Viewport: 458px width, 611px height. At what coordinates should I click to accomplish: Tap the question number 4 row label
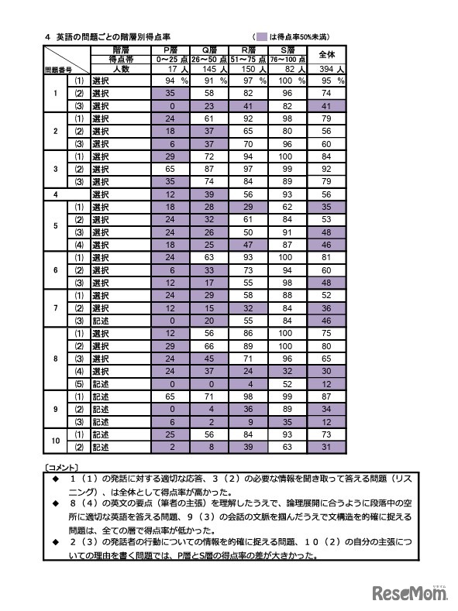tap(56, 194)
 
